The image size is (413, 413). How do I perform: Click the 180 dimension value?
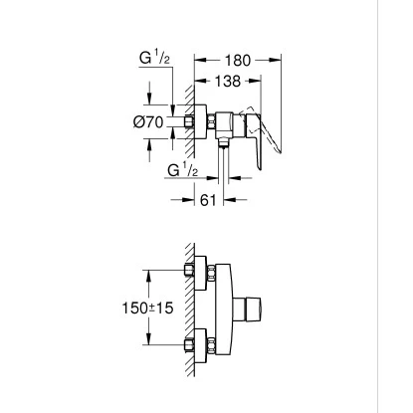[x=237, y=61]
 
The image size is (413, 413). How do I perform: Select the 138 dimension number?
[x=228, y=81]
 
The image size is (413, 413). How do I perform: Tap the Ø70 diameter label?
[x=148, y=122]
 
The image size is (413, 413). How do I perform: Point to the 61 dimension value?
[x=208, y=200]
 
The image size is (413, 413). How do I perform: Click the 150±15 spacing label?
[x=148, y=309]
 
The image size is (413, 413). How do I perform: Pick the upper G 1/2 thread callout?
[x=154, y=59]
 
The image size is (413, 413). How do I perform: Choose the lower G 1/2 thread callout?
[x=183, y=170]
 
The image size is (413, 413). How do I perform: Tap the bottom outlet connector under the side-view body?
[x=224, y=142]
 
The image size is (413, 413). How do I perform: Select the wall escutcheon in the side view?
[x=200, y=121]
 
